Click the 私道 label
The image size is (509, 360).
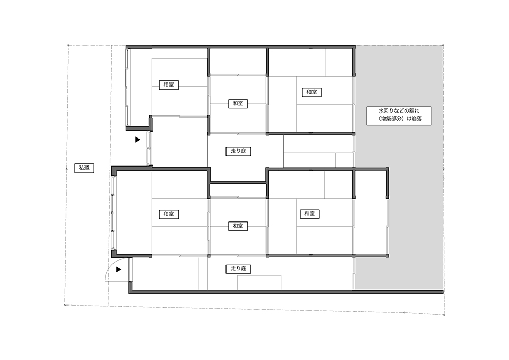click(84, 168)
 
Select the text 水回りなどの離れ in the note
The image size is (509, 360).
click(399, 110)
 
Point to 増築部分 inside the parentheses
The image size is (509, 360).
click(391, 119)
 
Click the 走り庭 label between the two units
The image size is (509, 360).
click(238, 151)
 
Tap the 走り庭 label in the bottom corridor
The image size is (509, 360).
click(238, 269)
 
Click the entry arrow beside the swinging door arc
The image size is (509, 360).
click(119, 269)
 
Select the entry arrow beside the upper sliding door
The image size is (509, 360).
click(138, 140)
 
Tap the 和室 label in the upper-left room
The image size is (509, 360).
click(169, 85)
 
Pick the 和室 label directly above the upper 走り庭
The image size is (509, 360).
click(238, 103)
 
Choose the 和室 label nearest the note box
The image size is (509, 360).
click(312, 92)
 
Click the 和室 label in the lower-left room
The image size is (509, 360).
click(169, 214)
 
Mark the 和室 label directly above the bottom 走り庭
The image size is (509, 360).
click(238, 226)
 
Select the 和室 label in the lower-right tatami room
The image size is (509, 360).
click(309, 214)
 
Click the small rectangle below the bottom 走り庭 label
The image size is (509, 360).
click(260, 283)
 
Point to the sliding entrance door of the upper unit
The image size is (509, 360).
click(149, 149)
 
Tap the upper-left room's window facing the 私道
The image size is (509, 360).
click(128, 88)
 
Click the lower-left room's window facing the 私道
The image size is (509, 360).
click(114, 213)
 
